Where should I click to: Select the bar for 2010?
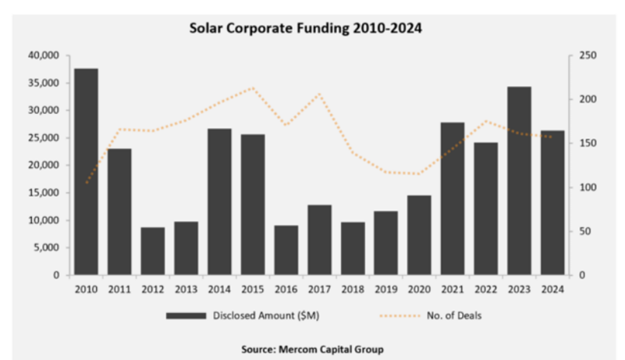pos(86,171)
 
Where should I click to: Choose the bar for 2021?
pos(452,199)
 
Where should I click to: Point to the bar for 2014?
pos(219,202)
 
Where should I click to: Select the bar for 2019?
pos(386,243)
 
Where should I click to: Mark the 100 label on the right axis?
pos(579,187)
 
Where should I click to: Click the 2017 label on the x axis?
pos(319,289)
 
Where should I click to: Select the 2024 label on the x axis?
pos(552,289)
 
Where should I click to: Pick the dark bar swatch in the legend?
pos(186,315)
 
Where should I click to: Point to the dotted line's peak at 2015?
pos(253,88)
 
